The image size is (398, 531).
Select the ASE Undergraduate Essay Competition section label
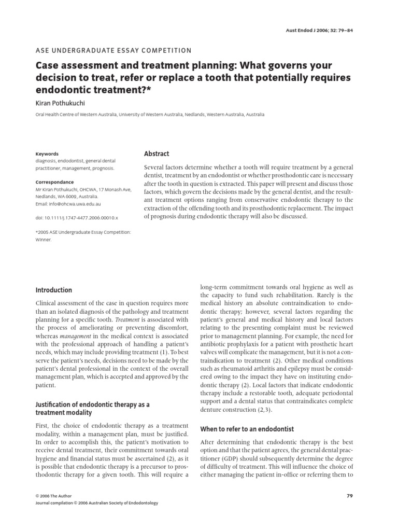click(113, 50)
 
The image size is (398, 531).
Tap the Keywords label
click(47, 154)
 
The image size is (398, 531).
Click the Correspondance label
click(54, 183)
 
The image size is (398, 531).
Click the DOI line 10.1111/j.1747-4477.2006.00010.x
click(76, 219)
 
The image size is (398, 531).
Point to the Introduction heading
click(53, 290)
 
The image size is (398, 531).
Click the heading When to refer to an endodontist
click(247, 429)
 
